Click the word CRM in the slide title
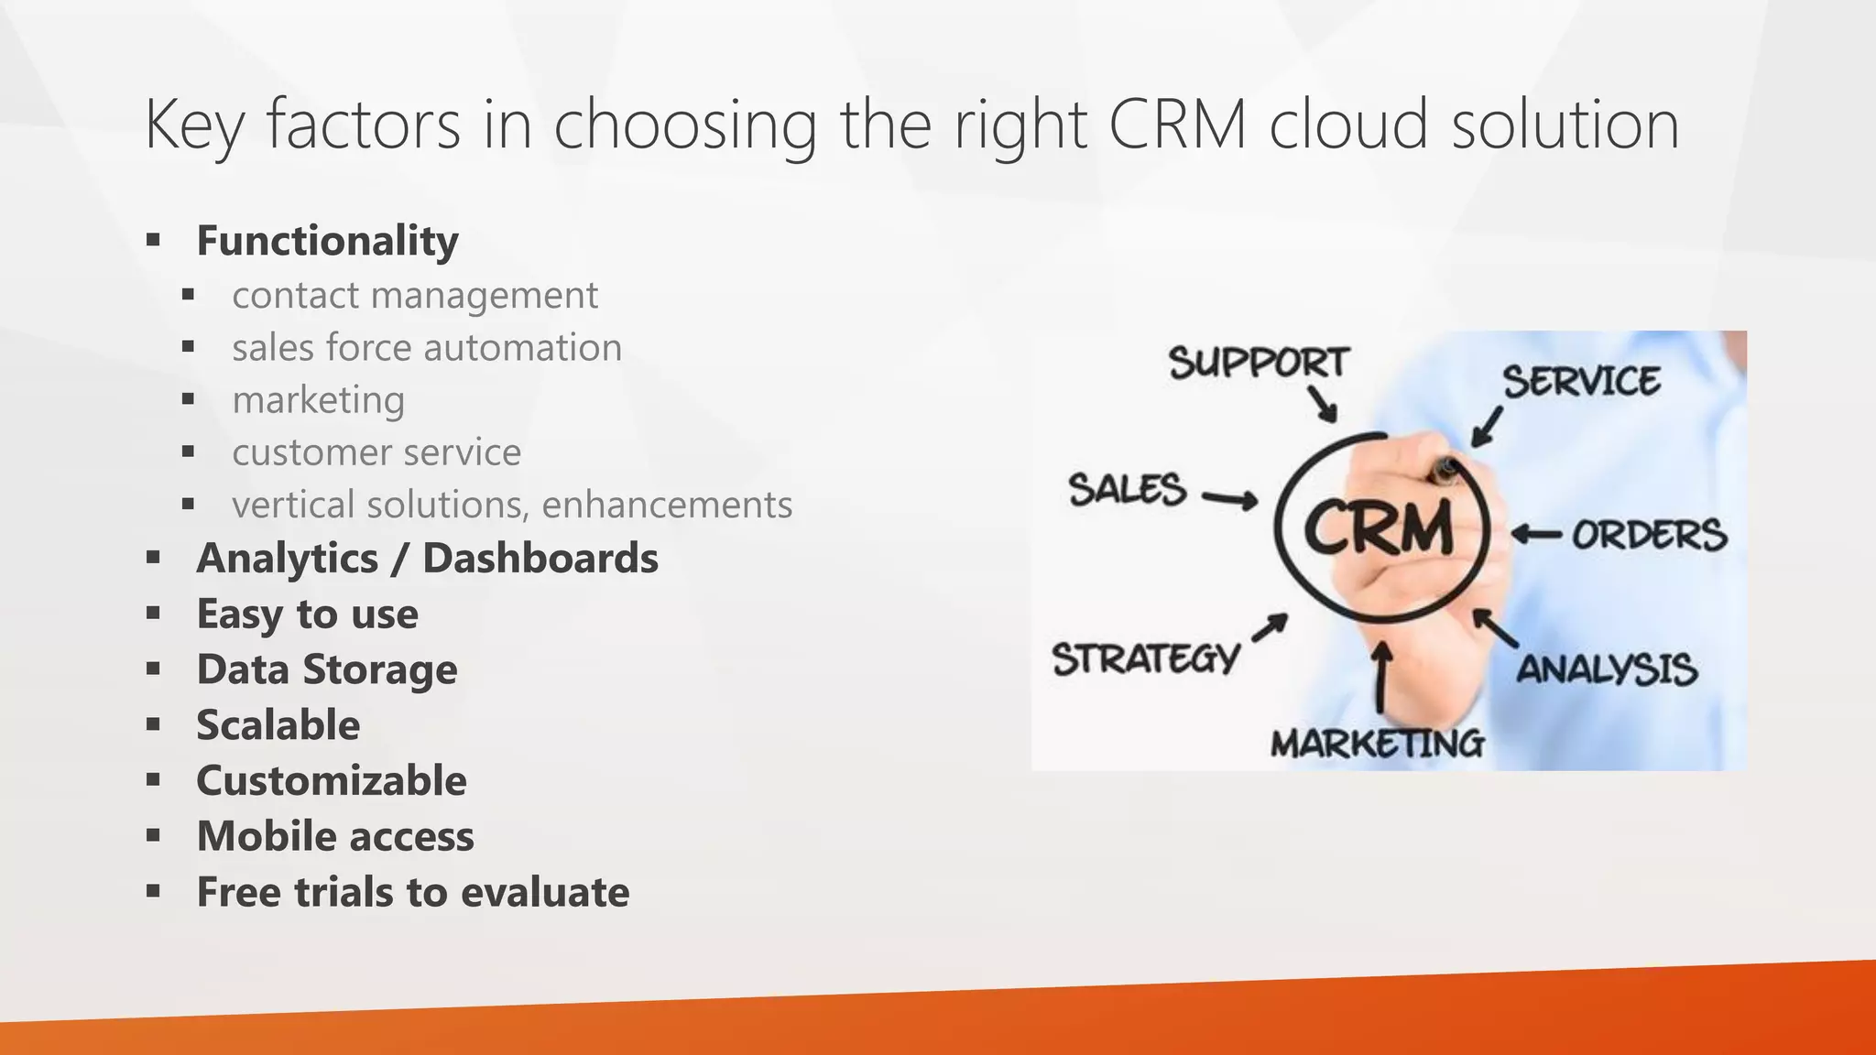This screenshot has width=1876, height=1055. [1177, 125]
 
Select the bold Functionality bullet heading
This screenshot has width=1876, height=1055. [327, 241]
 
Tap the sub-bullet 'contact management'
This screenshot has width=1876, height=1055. [414, 296]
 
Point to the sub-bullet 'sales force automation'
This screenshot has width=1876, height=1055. [426, 348]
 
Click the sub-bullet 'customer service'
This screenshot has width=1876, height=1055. [376, 452]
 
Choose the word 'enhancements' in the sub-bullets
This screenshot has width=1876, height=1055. [667, 505]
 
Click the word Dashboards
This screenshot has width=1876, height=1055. [540, 559]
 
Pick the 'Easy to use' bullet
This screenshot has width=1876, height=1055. [307, 614]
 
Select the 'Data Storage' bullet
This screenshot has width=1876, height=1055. [326, 669]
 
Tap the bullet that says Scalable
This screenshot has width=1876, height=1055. [278, 725]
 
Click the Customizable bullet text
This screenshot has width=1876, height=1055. [331, 781]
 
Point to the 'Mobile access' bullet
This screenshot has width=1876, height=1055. [334, 837]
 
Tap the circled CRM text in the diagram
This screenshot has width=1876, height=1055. [1378, 529]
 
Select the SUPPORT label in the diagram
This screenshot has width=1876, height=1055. [1259, 363]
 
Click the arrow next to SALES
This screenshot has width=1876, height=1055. [1229, 499]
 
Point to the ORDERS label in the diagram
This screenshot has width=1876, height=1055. [1650, 535]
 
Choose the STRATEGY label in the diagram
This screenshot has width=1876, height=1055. [1145, 658]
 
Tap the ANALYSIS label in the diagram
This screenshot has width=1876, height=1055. [1607, 669]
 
